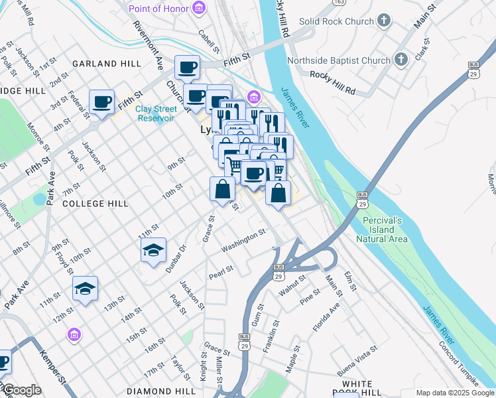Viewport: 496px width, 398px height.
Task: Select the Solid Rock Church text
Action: tap(336, 21)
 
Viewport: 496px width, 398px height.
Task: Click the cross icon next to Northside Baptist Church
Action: tap(400, 60)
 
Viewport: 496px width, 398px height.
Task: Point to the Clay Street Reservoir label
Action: tap(156, 113)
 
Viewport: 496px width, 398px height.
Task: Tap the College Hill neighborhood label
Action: tap(95, 204)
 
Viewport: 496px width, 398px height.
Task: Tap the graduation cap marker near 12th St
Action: tap(85, 289)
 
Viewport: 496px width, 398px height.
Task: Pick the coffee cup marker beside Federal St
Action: tap(102, 103)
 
